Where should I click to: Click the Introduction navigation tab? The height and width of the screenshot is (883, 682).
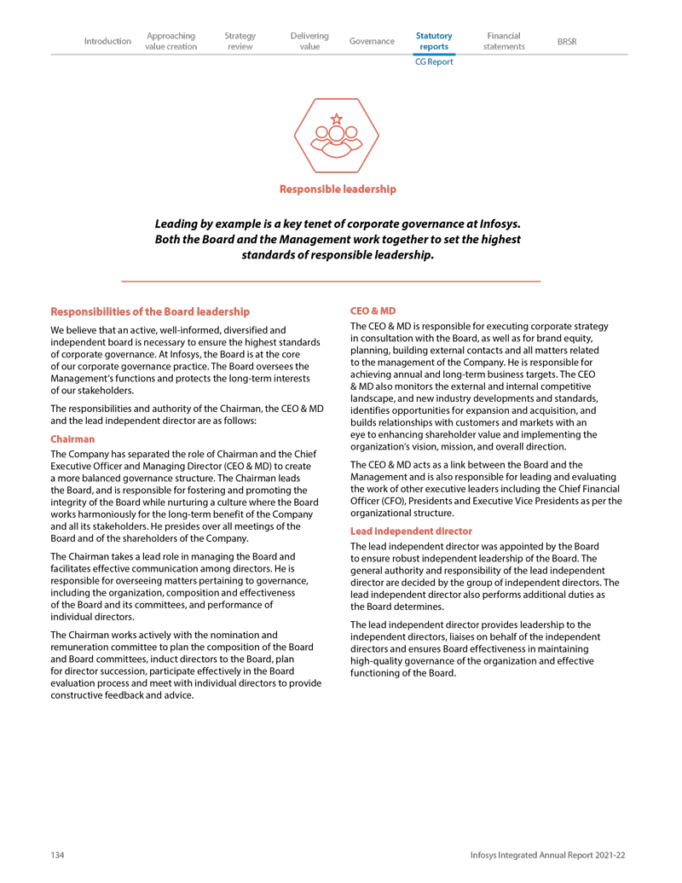[x=107, y=41]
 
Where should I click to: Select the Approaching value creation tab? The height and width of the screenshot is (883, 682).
[x=171, y=41]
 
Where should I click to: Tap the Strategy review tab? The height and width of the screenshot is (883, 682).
[x=240, y=41]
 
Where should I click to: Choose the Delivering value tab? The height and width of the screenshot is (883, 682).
[x=309, y=41]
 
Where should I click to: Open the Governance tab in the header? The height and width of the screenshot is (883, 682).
[x=372, y=41]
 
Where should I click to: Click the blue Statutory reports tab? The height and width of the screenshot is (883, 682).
[x=434, y=41]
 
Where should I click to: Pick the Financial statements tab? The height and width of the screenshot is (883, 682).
[x=504, y=41]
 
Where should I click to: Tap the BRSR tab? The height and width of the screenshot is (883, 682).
[x=566, y=41]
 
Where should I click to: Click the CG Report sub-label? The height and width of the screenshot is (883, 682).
[x=434, y=62]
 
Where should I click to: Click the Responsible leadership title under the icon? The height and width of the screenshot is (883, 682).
[x=338, y=189]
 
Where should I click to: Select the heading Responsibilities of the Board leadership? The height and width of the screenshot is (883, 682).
[x=151, y=311]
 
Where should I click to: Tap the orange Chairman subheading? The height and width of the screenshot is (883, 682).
[x=72, y=439]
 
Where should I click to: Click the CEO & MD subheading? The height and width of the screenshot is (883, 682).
[x=373, y=311]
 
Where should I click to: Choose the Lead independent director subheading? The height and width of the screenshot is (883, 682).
[x=411, y=531]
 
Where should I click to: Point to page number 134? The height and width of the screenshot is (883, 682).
[x=58, y=855]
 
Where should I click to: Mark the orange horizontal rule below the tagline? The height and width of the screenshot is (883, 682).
[x=331, y=281]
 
